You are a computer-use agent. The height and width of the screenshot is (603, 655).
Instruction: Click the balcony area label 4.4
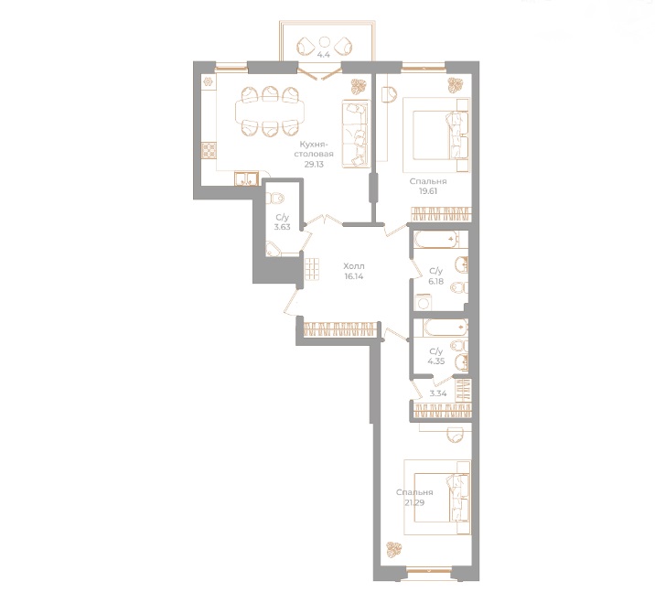click(322, 55)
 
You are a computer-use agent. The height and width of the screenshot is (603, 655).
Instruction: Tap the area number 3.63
click(282, 226)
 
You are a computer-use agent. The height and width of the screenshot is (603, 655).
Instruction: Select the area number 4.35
click(435, 360)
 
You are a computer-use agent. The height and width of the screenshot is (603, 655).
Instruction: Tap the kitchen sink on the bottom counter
click(246, 178)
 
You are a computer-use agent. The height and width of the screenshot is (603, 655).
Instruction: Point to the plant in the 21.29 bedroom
click(395, 550)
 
